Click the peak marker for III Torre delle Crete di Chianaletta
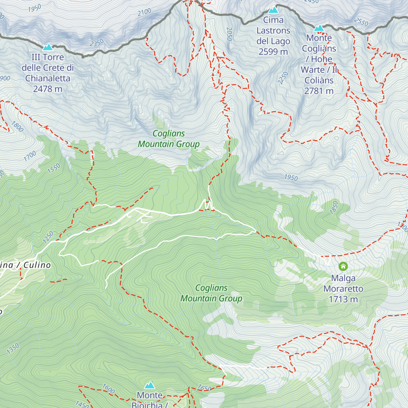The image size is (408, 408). coord(47,47)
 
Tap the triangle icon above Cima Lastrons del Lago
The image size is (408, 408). coord(273,10)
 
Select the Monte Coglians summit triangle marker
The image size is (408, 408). coord(319,28)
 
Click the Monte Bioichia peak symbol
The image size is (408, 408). coord(150,385)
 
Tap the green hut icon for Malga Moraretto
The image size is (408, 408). coord(343,266)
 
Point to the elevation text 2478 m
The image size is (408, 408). coord(48,89)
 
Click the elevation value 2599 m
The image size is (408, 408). coord(273,52)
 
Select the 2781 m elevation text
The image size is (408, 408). coord(319,91)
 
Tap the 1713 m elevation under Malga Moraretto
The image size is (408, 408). coord(343,299)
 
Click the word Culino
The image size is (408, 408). coord(37,265)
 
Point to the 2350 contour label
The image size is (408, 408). coord(97,43)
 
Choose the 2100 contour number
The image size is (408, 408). coord(144,12)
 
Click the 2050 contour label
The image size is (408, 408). coord(229,34)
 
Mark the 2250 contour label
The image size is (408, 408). coord(283,78)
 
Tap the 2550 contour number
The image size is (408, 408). coord(361,22)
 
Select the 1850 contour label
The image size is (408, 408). coord(334,207)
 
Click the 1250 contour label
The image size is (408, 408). coord(48,237)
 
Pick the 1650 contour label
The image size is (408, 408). coord(204,388)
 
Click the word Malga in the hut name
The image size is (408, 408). coord(343,278)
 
